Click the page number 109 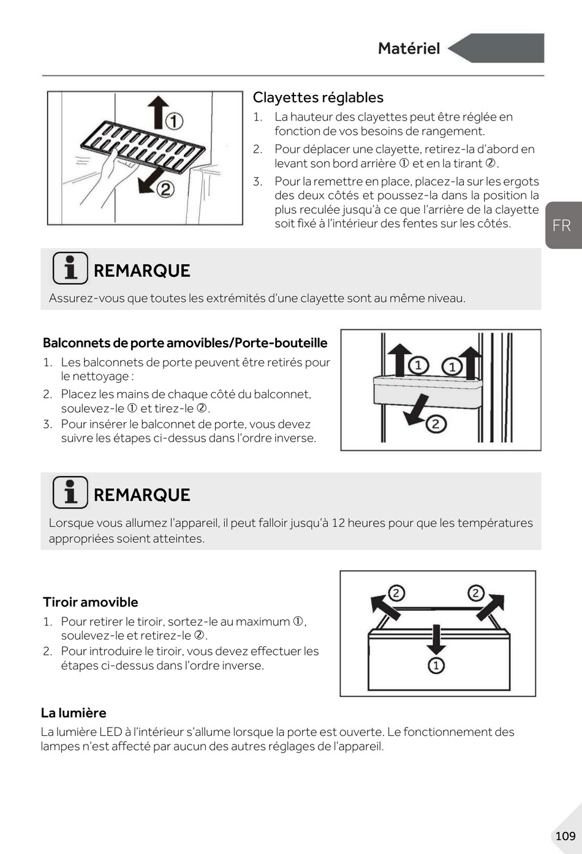(x=565, y=836)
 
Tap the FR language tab (x=561, y=225)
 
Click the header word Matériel (x=409, y=48)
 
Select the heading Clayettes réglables (x=318, y=97)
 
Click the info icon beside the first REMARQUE (x=70, y=268)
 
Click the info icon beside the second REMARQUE (x=70, y=493)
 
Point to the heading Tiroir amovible (x=90, y=602)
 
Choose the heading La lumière (x=74, y=712)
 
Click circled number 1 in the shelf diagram (x=175, y=121)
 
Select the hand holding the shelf (x=110, y=168)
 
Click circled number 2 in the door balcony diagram (x=436, y=423)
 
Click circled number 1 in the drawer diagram (x=436, y=665)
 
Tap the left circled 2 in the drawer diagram (x=396, y=593)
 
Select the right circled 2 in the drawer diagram (x=475, y=593)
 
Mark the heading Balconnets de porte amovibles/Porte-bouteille (x=185, y=342)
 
